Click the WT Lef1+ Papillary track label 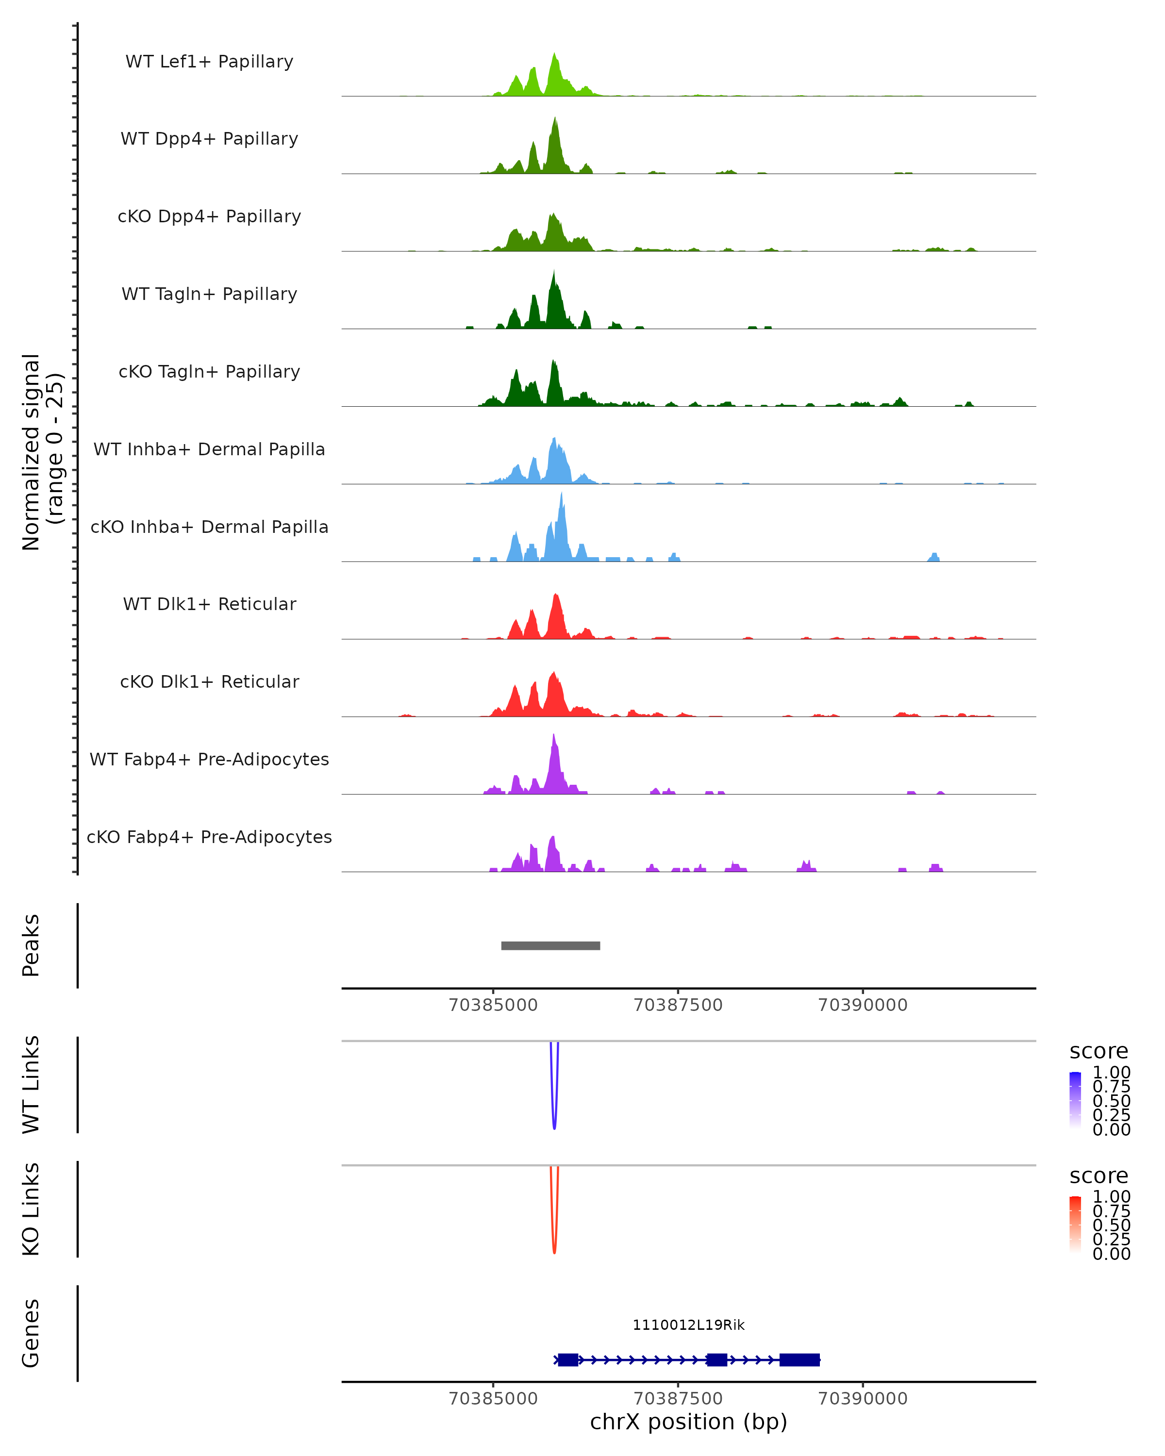pyautogui.click(x=209, y=62)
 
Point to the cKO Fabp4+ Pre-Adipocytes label pyautogui.click(x=209, y=837)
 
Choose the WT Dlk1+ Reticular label pyautogui.click(x=209, y=604)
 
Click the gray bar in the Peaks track pyautogui.click(x=550, y=945)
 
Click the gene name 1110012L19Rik pyautogui.click(x=688, y=1325)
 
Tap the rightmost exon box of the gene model pyautogui.click(x=799, y=1359)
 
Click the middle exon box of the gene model pyautogui.click(x=716, y=1359)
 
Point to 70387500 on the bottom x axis pyautogui.click(x=678, y=1399)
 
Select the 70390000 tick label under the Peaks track pyautogui.click(x=863, y=1005)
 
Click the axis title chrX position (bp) pyautogui.click(x=688, y=1422)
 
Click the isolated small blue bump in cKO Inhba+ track pyautogui.click(x=934, y=557)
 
